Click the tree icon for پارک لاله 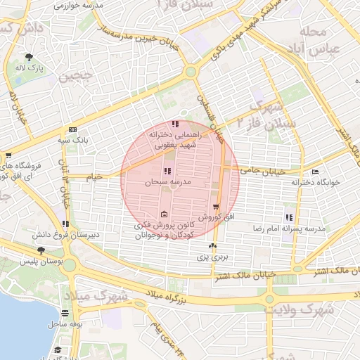(x=29, y=57)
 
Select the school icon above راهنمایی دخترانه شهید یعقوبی (x=175, y=124)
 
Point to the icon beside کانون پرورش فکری (x=164, y=214)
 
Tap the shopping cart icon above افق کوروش (x=215, y=207)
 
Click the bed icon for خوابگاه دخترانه (x=315, y=171)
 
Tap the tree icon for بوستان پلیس (x=41, y=250)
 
